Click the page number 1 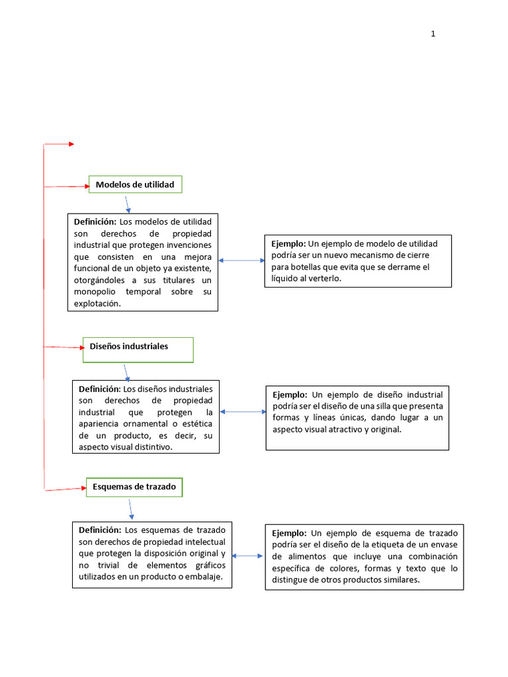click(433, 34)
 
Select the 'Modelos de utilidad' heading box click(135, 184)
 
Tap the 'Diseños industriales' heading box click(138, 349)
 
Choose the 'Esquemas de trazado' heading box click(134, 487)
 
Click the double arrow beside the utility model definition click(241, 260)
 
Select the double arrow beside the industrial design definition click(243, 412)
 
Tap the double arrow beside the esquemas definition click(248, 556)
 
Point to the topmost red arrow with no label click(60, 144)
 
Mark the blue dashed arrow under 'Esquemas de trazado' click(131, 508)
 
